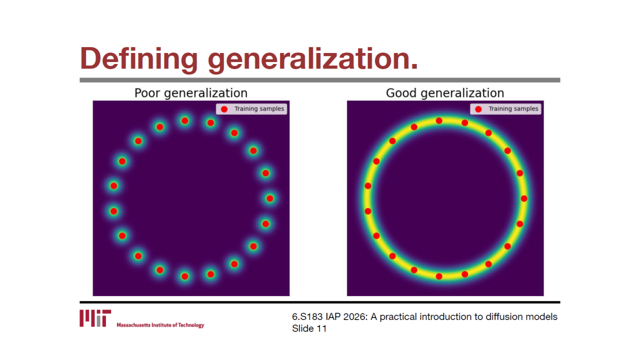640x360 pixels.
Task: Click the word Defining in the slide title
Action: [139, 58]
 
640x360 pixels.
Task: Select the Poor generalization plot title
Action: [191, 93]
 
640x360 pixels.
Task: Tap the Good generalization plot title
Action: [445, 93]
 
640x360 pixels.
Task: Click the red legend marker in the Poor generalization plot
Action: [224, 109]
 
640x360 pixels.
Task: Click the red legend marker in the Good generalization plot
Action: [478, 109]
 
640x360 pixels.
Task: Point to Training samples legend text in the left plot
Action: [259, 109]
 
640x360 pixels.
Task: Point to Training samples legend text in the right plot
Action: [513, 109]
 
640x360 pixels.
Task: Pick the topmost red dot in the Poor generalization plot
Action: [185, 121]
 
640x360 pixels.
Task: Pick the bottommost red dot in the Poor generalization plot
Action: [185, 276]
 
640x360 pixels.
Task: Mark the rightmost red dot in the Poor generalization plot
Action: [270, 198]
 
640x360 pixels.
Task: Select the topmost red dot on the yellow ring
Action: [439, 121]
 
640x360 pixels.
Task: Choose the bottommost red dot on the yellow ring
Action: [439, 276]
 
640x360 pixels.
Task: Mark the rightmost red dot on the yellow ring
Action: [524, 198]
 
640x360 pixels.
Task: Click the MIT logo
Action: [95, 318]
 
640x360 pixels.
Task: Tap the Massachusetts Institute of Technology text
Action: [160, 325]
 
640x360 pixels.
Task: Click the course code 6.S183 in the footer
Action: [307, 317]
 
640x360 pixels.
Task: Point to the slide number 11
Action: [321, 328]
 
